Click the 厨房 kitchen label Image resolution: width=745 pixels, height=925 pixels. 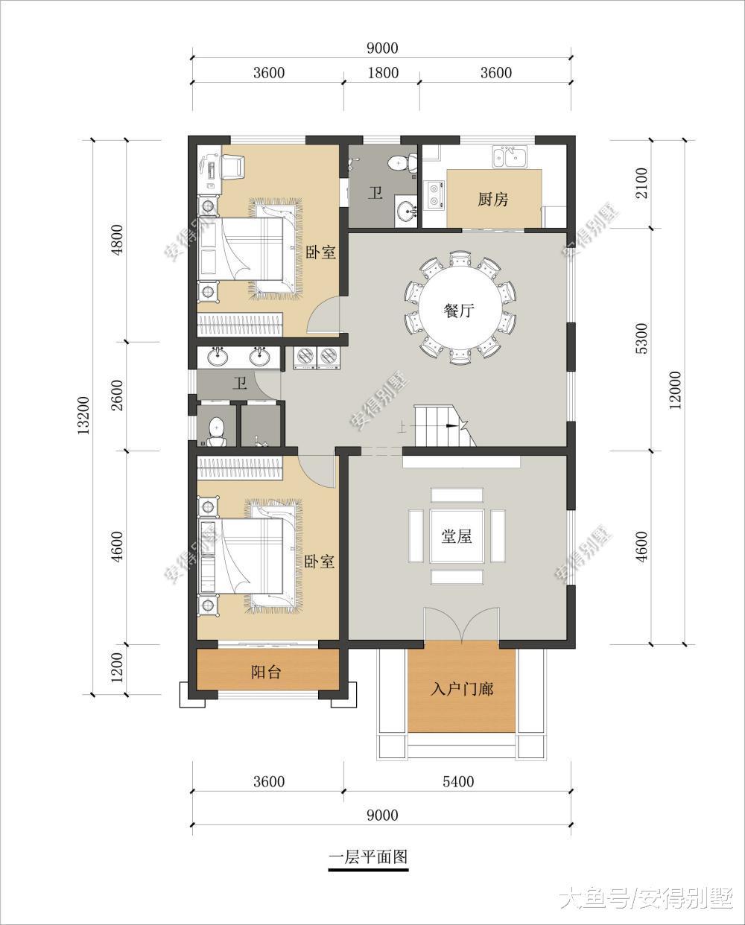click(x=492, y=200)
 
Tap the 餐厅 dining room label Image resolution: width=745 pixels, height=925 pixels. click(x=459, y=310)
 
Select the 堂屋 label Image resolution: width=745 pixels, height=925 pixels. click(x=457, y=536)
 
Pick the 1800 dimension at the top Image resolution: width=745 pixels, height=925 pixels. click(x=383, y=73)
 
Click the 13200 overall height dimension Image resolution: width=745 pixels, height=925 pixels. click(x=83, y=416)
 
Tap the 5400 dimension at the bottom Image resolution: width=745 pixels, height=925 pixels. click(x=458, y=781)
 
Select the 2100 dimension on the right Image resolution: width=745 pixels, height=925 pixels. click(x=641, y=183)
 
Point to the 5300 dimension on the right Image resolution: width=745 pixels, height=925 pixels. click(x=641, y=338)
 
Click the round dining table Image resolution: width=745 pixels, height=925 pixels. click(x=460, y=310)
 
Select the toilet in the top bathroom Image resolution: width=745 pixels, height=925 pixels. click(x=402, y=163)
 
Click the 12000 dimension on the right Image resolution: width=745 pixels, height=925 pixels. click(x=675, y=390)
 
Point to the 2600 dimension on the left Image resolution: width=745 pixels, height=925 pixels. click(x=117, y=395)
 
